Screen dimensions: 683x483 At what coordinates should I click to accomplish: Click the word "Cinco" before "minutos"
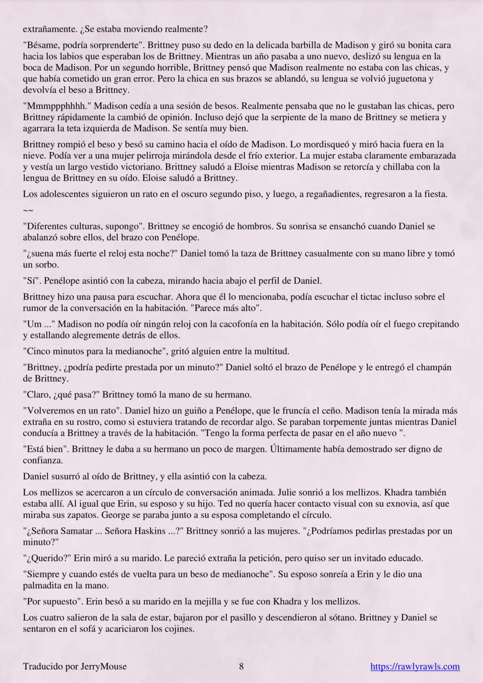pyautogui.click(x=38, y=351)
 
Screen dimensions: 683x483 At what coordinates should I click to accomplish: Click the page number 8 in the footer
pyautogui.click(x=241, y=666)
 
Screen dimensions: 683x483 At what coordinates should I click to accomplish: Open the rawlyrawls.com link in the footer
pyautogui.click(x=415, y=667)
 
